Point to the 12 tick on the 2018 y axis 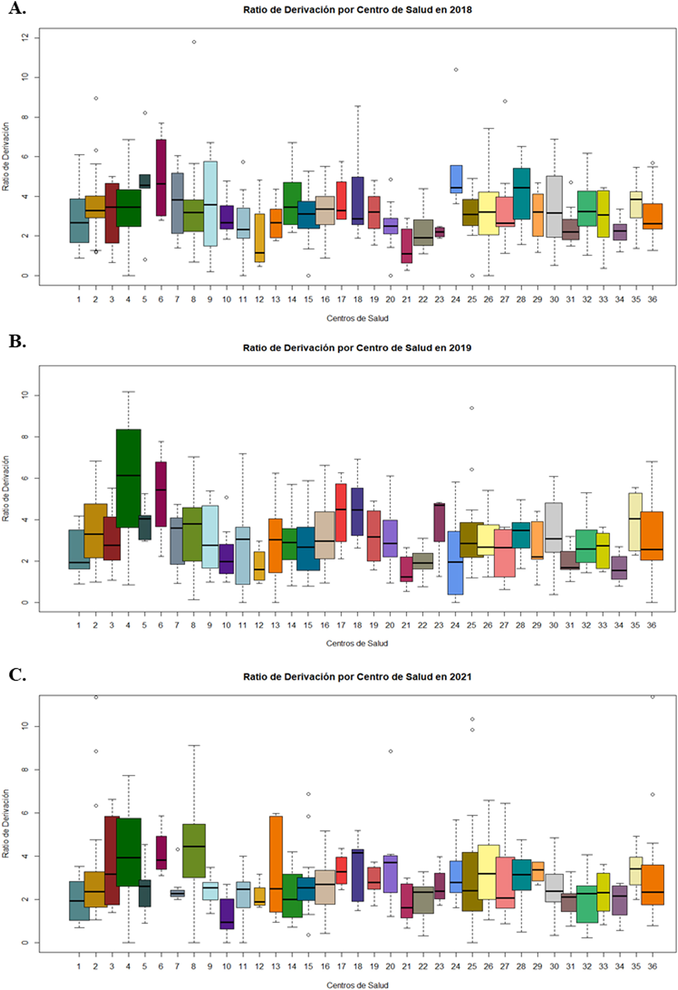point(24,38)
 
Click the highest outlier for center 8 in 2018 point(194,42)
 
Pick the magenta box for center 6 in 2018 point(161,177)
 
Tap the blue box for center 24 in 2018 point(456,179)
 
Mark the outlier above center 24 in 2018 point(456,70)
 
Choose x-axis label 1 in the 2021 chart point(79,966)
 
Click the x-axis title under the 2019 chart point(357,643)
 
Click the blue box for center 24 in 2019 point(455,562)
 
